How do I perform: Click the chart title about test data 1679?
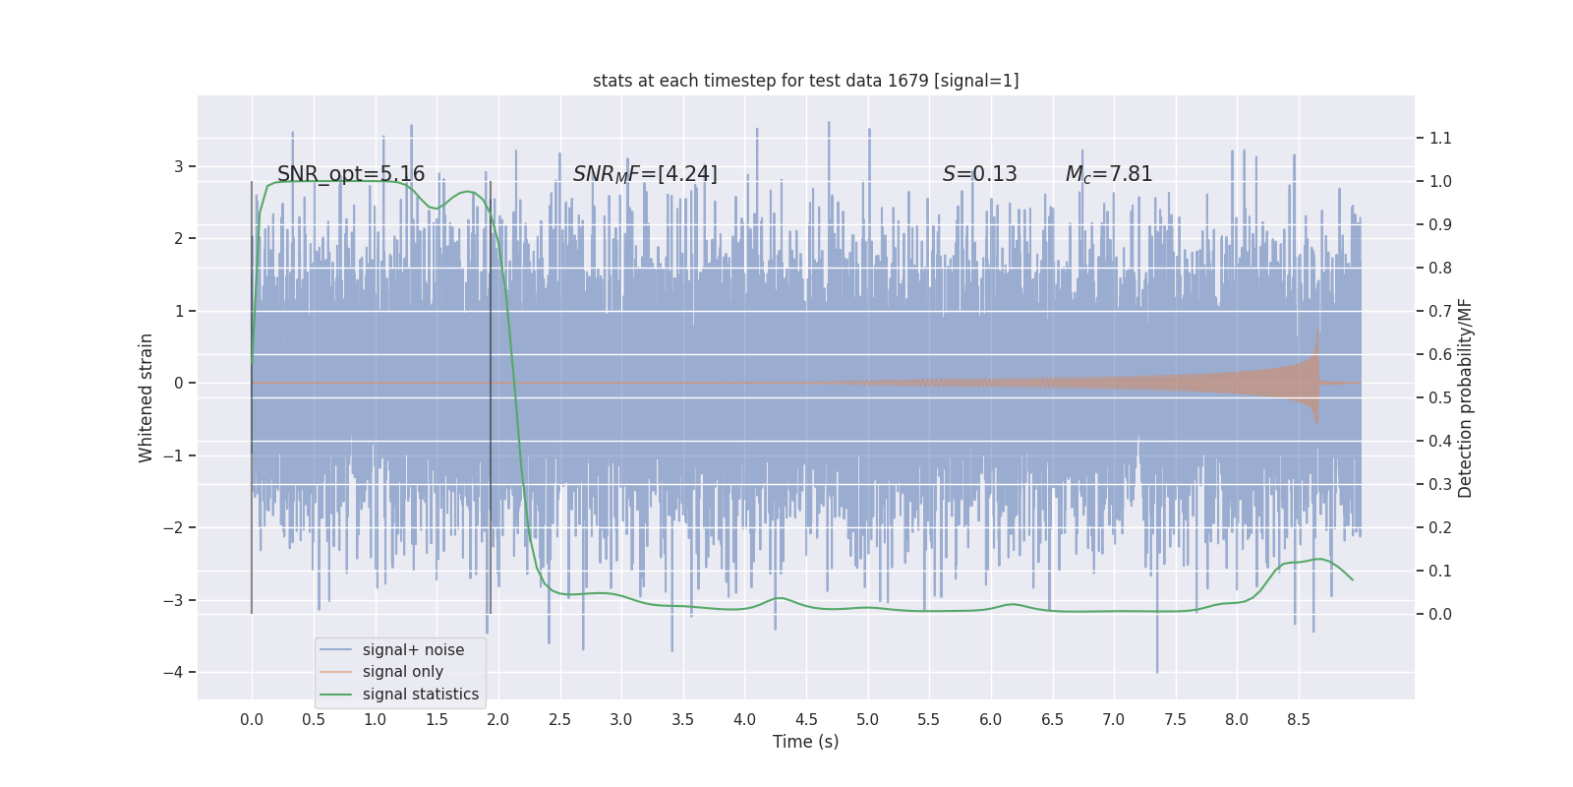click(x=805, y=81)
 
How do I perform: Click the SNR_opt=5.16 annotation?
click(x=351, y=174)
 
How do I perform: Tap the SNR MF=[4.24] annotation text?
click(x=645, y=174)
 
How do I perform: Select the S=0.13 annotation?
click(x=979, y=174)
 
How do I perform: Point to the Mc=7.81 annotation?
click(x=1108, y=174)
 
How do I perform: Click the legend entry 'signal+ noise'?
click(x=413, y=650)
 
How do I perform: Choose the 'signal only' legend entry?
click(x=402, y=672)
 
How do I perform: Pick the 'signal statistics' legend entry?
click(x=420, y=695)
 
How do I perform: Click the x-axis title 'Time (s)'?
click(x=805, y=742)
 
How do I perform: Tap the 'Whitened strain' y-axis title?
click(x=146, y=397)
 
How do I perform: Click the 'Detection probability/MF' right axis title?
click(x=1465, y=397)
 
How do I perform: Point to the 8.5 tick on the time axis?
click(x=1298, y=719)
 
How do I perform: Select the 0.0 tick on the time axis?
click(x=252, y=719)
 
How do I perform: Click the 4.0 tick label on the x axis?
click(x=744, y=719)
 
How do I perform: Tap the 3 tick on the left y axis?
click(x=179, y=166)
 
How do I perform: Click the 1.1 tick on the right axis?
click(x=1439, y=138)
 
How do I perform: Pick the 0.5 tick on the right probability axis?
click(x=1439, y=397)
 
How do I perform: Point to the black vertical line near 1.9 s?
click(x=491, y=393)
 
